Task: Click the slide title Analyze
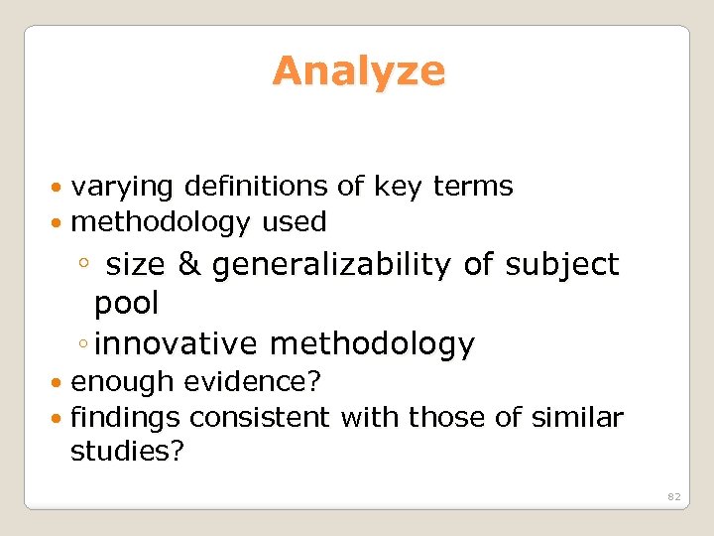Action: tap(358, 71)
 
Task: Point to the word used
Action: tap(294, 222)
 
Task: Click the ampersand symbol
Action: tap(188, 265)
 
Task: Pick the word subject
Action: tap(561, 265)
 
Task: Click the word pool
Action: tap(126, 302)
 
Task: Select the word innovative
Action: tap(178, 344)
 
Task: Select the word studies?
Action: tap(124, 454)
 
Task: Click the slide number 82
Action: tap(673, 495)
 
